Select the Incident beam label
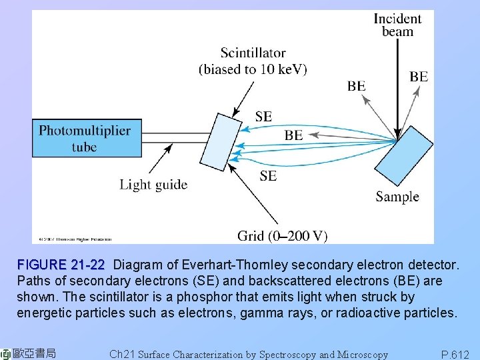[x=397, y=25]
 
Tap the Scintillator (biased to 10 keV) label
[x=253, y=61]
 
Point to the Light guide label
[x=153, y=185]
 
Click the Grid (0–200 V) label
[x=282, y=235]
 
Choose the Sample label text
[x=397, y=197]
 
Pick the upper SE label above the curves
[x=263, y=116]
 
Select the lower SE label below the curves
[x=268, y=176]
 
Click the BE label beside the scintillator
[x=293, y=135]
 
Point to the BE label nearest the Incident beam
[x=419, y=77]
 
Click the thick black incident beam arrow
[x=397, y=87]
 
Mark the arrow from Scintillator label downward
[x=244, y=97]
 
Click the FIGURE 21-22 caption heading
[x=61, y=265]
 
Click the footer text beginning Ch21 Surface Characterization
[x=248, y=355]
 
